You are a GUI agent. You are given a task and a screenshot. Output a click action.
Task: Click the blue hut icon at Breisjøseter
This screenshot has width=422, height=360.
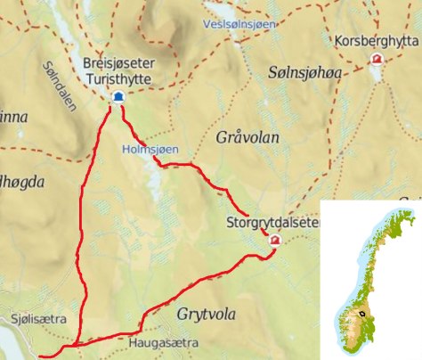(x=117, y=98)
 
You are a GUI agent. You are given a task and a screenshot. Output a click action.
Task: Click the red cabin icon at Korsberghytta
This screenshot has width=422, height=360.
(x=377, y=61)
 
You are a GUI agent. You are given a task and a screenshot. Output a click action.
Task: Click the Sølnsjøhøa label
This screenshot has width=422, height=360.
(x=304, y=70)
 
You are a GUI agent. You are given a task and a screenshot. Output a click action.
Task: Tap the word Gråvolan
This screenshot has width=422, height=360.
(x=248, y=138)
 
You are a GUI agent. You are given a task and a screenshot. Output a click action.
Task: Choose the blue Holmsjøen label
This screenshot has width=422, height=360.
(x=148, y=149)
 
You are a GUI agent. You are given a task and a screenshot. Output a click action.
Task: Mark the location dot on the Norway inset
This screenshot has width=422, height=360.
(x=362, y=314)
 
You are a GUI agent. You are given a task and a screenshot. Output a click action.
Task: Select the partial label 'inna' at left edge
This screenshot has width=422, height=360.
(x=13, y=118)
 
